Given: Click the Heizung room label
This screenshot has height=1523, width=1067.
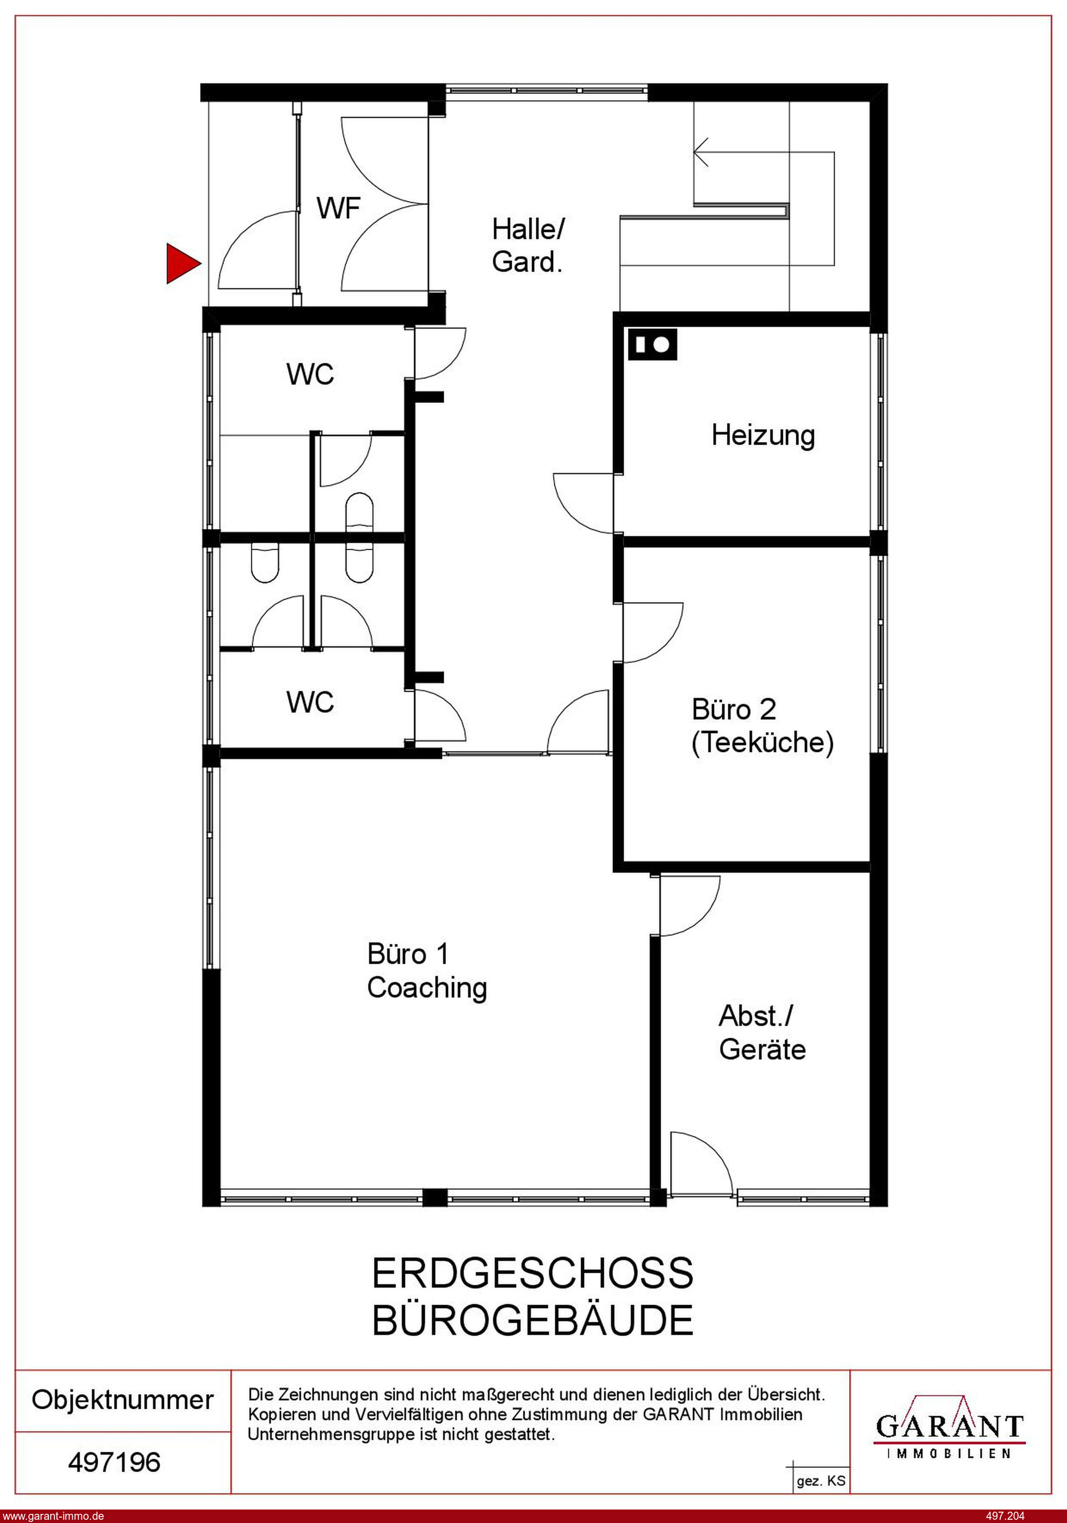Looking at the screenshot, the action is coord(763,435).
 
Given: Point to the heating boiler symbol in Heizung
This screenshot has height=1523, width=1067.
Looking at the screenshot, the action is coord(653,345).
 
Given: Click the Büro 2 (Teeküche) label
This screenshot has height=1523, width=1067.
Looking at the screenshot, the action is coord(762,726).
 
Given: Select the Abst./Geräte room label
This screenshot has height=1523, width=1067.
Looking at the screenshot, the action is coord(762,1033).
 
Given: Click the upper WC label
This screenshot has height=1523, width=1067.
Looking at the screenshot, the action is coord(310,374).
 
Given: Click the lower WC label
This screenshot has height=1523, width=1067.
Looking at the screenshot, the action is coord(310,702).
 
